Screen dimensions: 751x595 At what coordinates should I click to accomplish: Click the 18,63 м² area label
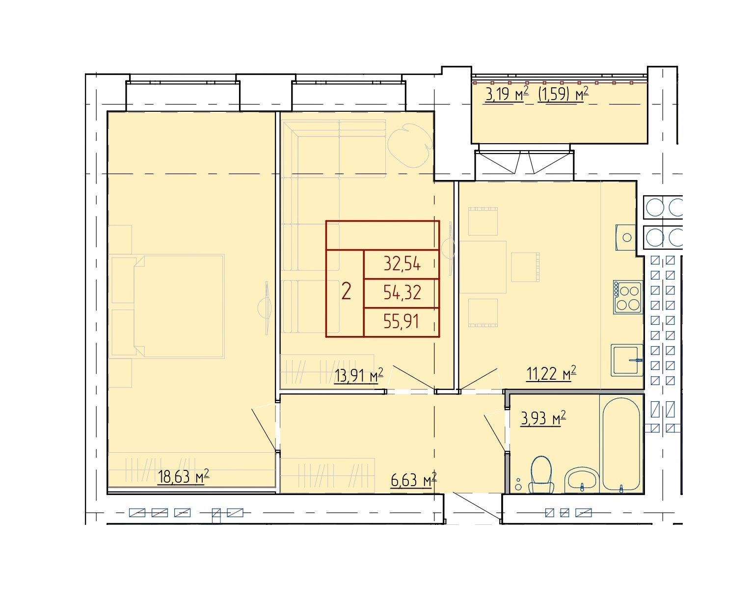(x=183, y=476)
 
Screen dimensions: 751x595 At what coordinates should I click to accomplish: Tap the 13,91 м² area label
(x=359, y=375)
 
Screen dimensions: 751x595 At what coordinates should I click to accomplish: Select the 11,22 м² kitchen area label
(x=551, y=374)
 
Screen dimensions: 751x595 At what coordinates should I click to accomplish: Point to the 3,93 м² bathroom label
(x=543, y=418)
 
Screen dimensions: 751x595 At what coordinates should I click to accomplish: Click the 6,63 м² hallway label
(x=413, y=480)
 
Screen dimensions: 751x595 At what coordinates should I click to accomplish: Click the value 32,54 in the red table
(x=402, y=264)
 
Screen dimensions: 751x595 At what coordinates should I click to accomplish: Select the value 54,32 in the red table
(x=402, y=292)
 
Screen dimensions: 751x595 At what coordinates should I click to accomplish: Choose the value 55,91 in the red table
(x=401, y=321)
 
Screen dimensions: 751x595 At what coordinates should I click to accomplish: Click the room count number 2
(x=346, y=291)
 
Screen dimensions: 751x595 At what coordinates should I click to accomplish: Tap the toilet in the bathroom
(x=541, y=475)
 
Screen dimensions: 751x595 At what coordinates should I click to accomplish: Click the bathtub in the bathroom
(x=621, y=445)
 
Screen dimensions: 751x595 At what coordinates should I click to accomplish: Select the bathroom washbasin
(x=582, y=480)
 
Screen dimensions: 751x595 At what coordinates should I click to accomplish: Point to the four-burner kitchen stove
(x=627, y=297)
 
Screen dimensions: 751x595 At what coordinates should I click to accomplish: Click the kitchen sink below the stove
(x=627, y=360)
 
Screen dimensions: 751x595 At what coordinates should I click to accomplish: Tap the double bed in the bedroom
(x=178, y=306)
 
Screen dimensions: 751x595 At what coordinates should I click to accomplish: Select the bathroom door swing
(x=495, y=432)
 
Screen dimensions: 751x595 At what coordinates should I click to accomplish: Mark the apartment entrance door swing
(x=477, y=508)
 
